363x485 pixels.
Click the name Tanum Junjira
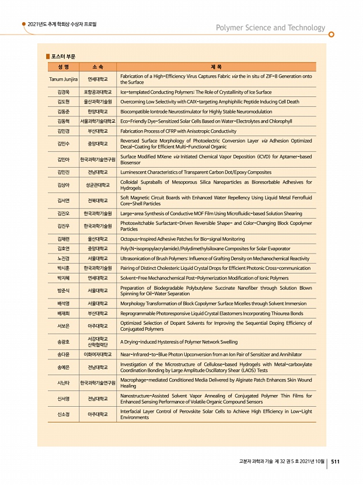(x=64, y=79)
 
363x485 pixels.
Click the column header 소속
(x=97, y=67)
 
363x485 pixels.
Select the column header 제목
(x=217, y=67)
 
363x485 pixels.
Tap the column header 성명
(x=64, y=67)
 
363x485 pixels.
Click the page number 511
(x=336, y=462)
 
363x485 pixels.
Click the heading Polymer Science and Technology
(x=270, y=27)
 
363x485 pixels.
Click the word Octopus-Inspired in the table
(x=141, y=239)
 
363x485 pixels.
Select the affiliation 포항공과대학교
(x=97, y=92)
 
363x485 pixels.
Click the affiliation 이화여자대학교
(x=97, y=354)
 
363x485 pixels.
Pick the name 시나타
(x=64, y=383)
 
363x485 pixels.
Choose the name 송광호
(x=64, y=341)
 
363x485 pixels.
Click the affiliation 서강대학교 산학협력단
(x=97, y=341)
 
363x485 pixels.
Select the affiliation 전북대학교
(x=97, y=201)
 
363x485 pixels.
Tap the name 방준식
(x=64, y=290)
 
